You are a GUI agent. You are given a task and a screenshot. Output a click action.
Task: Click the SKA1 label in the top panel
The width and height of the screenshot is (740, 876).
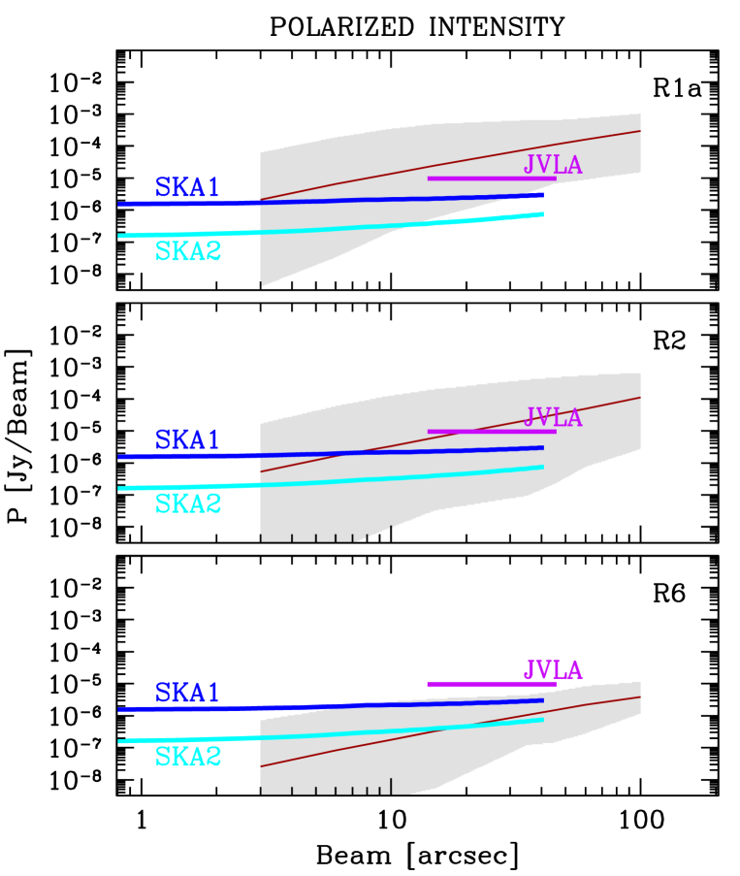click(187, 187)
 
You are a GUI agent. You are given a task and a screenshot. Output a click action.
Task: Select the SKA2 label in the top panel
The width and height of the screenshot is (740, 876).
click(188, 251)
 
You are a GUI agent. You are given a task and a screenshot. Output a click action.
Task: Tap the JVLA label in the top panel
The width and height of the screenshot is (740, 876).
click(553, 165)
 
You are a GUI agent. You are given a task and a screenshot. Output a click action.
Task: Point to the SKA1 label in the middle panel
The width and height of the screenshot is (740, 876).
click(187, 439)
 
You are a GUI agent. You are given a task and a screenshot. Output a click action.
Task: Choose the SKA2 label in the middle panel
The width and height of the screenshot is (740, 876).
click(188, 504)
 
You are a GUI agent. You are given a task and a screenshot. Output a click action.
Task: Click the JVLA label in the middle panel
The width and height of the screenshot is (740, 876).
click(553, 418)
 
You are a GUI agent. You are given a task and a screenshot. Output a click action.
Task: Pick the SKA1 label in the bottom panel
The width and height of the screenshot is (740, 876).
click(187, 693)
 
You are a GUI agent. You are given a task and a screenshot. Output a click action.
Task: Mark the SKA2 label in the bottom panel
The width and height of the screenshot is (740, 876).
click(188, 757)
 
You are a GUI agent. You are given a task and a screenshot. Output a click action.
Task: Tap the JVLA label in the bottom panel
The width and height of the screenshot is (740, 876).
click(553, 670)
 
